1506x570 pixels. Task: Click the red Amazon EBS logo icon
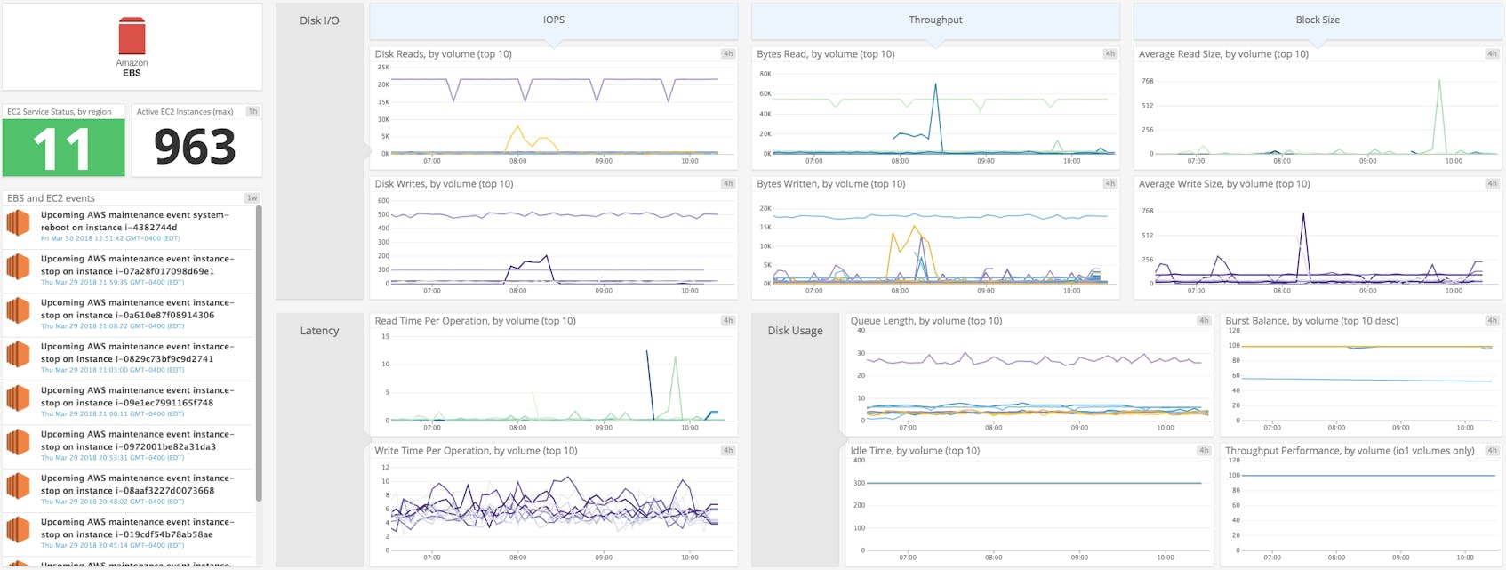(132, 36)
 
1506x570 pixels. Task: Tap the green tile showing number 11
(63, 148)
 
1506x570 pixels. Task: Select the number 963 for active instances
(195, 148)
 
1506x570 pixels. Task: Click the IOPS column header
(553, 20)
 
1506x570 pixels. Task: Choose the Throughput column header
(935, 20)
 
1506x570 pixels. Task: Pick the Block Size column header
(1317, 20)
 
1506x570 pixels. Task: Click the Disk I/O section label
(319, 20)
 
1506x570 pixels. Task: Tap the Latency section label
(319, 331)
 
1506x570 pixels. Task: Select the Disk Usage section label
(795, 331)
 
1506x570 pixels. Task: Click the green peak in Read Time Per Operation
(677, 359)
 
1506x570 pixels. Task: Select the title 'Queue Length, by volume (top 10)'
(925, 321)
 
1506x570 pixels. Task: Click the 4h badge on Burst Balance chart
(1492, 321)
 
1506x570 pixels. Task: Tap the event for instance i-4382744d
(133, 226)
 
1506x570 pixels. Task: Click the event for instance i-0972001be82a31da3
(133, 445)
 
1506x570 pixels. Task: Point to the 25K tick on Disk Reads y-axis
(383, 68)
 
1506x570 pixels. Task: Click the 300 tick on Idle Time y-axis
(859, 484)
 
